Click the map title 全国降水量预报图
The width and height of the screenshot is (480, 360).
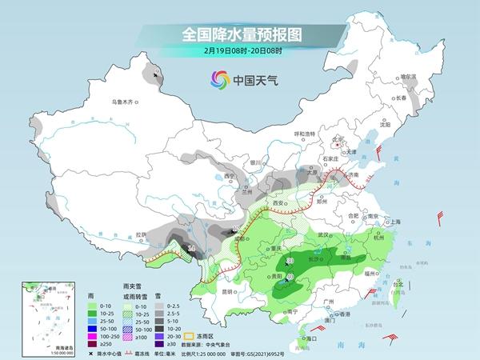point(240,34)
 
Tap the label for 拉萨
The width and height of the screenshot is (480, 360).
point(142,234)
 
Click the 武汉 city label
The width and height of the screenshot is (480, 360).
point(323,235)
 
